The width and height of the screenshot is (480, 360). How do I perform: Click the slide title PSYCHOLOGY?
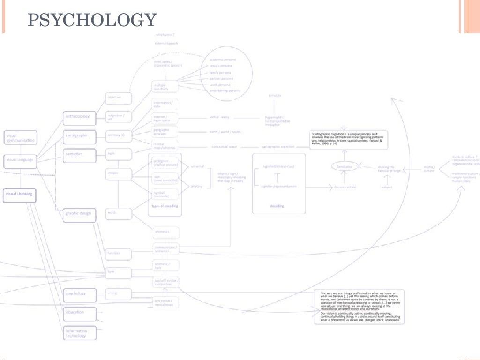coord(92,21)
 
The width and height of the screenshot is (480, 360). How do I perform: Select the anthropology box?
coord(80,116)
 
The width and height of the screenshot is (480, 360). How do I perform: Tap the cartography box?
coord(80,135)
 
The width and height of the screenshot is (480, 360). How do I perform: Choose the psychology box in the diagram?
coord(80,294)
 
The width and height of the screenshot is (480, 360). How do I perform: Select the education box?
coord(80,312)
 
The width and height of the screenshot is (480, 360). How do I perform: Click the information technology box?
coord(80,333)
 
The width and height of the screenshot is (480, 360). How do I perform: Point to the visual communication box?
coord(20,138)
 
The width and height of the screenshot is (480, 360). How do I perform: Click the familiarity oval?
coord(345,166)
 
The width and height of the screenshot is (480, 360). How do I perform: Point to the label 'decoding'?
coord(277,206)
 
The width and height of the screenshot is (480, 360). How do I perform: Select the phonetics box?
coord(166,232)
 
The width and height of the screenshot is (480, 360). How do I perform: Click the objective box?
coord(118,97)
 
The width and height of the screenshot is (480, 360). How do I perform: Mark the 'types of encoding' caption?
coord(164,206)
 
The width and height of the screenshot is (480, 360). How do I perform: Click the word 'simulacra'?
coord(275,96)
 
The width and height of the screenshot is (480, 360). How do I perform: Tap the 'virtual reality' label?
coord(219,117)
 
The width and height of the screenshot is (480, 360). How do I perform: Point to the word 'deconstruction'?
coord(345,187)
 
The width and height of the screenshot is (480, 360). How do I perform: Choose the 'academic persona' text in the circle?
coord(223,60)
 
